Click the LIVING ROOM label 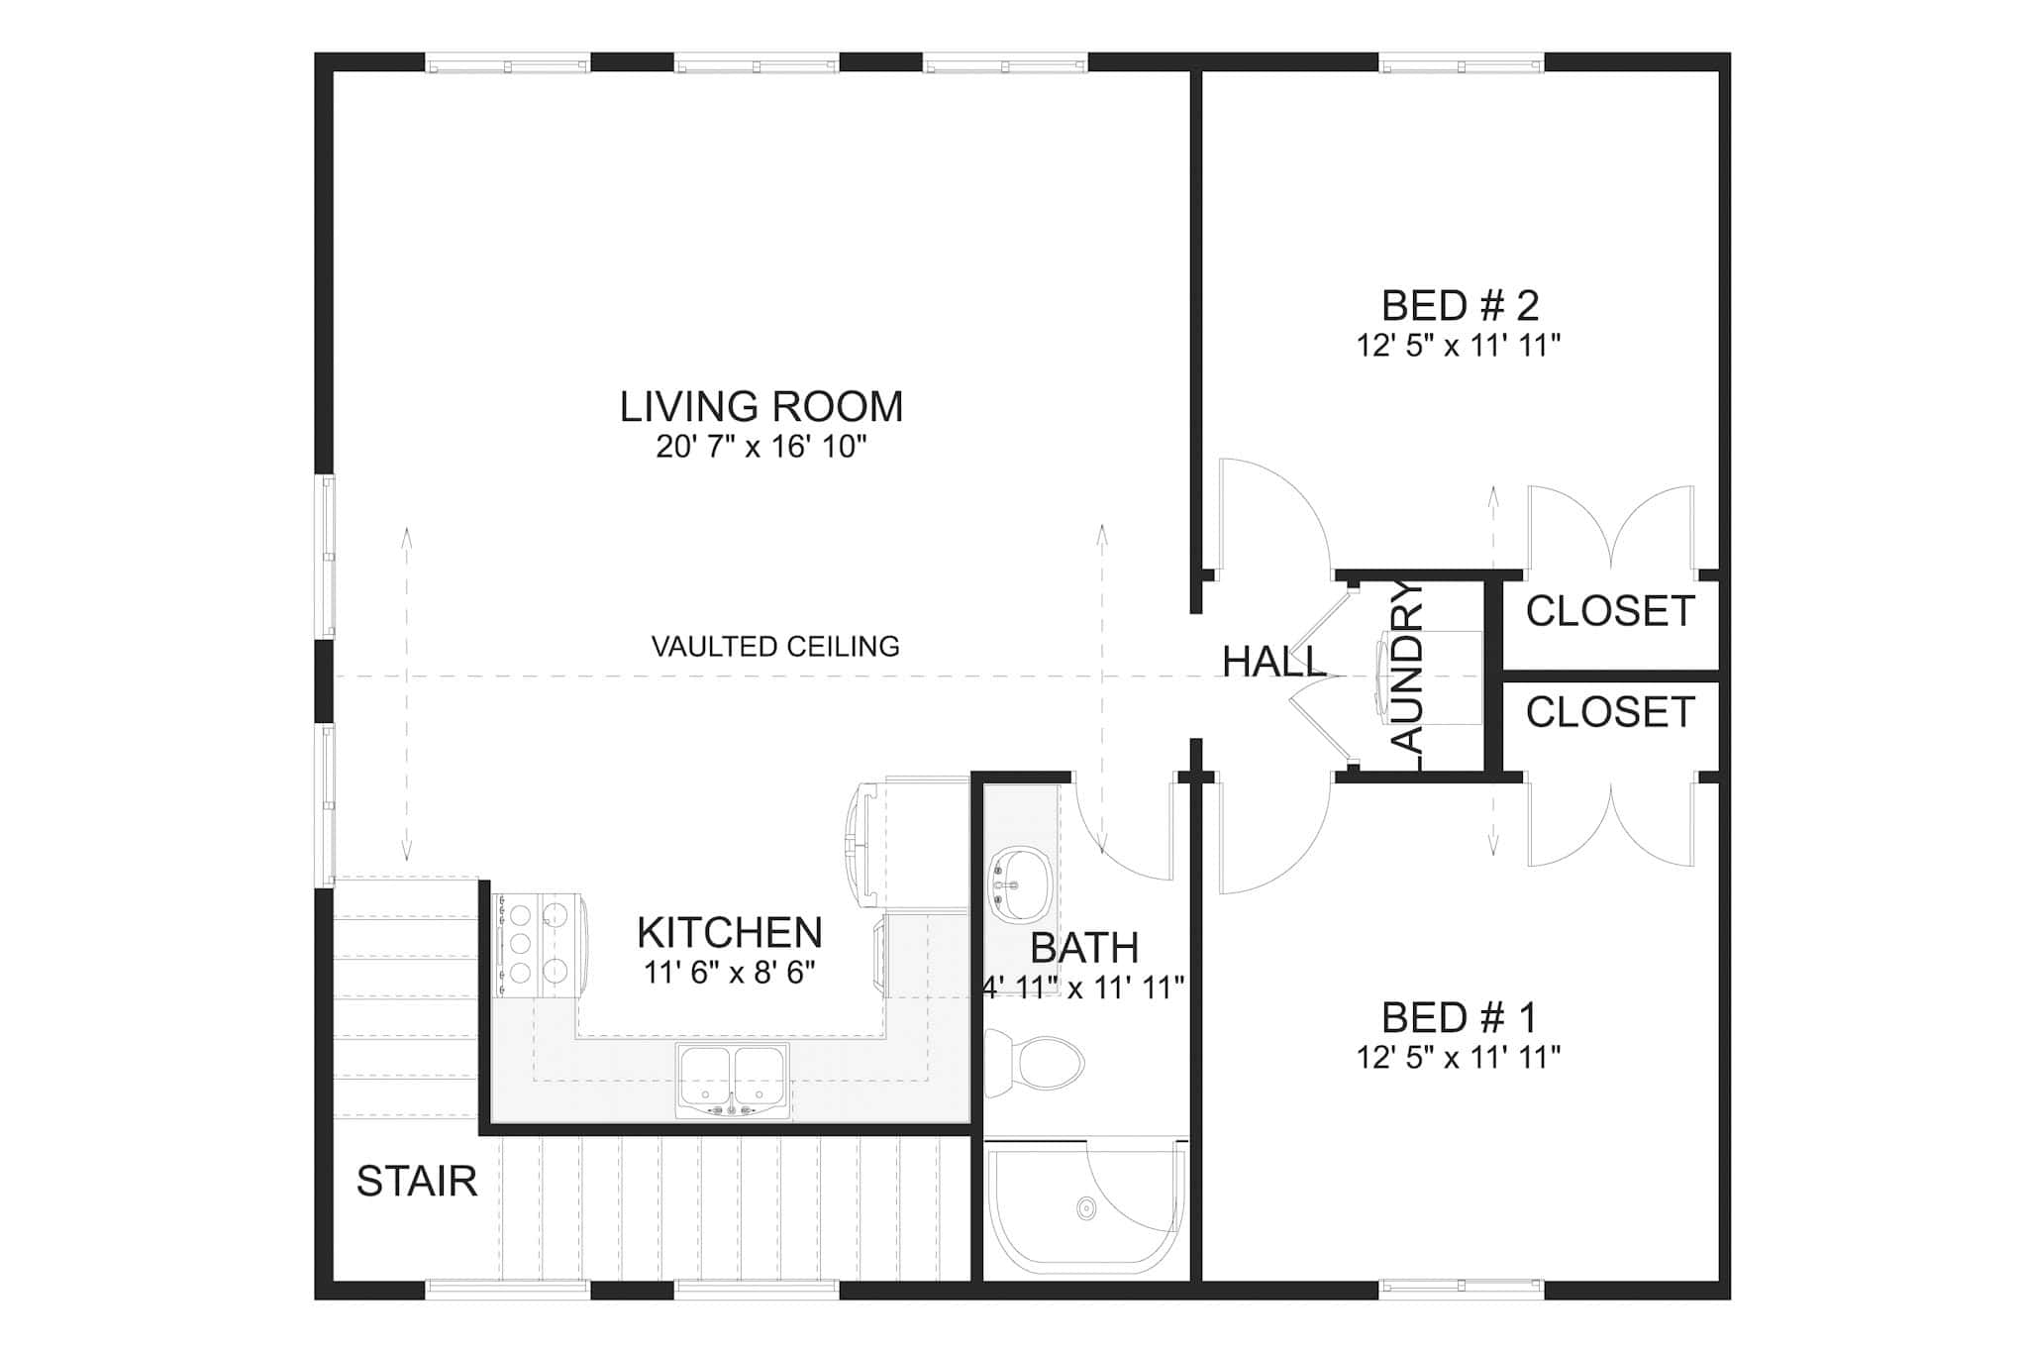[760, 407]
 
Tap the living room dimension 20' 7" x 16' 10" [760, 448]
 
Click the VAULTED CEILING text [775, 647]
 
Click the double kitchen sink [733, 1079]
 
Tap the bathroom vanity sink [1020, 883]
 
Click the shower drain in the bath [1086, 1208]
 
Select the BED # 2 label [1460, 306]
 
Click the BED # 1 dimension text [1459, 1058]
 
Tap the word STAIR [416, 1181]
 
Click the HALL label [1273, 662]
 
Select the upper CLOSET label [1610, 611]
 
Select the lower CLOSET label [1610, 712]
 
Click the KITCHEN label [730, 932]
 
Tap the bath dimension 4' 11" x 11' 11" [1083, 988]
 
